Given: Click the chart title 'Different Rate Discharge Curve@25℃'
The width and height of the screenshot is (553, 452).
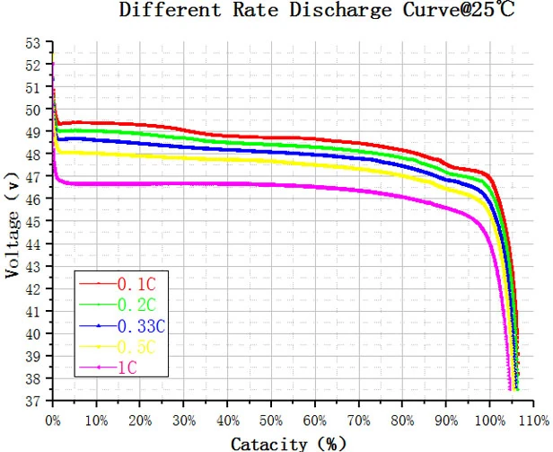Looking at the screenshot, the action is click(x=316, y=10).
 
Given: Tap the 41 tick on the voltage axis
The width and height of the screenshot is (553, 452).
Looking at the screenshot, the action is click(x=33, y=312).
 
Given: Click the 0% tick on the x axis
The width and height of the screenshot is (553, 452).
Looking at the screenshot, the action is click(x=53, y=421).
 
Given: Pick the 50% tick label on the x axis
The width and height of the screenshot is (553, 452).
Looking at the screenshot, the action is click(x=271, y=421).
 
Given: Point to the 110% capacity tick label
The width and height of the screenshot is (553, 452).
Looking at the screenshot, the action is click(x=533, y=421).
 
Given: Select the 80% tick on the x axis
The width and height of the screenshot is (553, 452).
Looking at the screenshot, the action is click(x=402, y=421).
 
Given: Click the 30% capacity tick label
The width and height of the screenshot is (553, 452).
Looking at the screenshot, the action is click(x=184, y=421).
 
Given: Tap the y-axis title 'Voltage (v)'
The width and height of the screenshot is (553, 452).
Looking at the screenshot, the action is click(x=12, y=225).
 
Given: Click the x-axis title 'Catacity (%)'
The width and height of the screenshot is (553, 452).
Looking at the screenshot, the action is click(x=288, y=444).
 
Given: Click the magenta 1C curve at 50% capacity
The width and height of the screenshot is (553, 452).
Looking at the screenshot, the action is click(x=271, y=185).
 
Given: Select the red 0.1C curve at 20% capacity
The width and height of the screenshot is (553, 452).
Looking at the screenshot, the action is click(x=140, y=124).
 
